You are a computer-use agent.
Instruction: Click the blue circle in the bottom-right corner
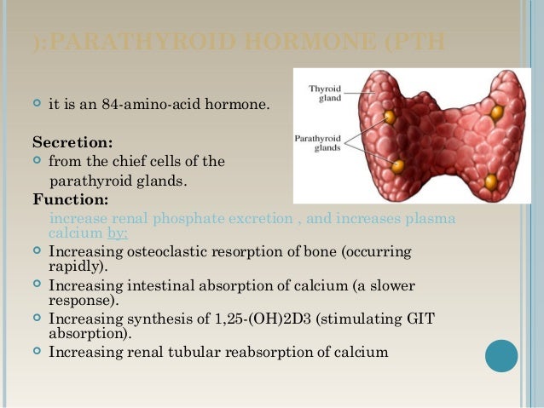click(x=501, y=356)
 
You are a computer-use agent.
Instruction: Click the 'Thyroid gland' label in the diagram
click(x=325, y=92)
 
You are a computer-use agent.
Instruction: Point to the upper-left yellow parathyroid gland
click(x=390, y=117)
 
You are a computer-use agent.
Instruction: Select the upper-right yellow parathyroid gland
click(x=497, y=112)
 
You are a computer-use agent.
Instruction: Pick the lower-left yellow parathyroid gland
click(x=398, y=165)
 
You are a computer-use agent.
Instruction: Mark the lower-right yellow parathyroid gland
click(x=491, y=181)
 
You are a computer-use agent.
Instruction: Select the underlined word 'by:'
click(x=118, y=233)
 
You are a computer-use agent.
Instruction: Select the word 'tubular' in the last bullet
click(x=194, y=351)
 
